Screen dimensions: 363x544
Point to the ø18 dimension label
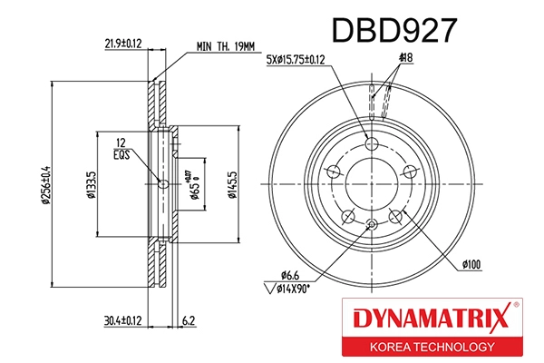[404, 61]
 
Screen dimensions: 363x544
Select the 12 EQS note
[120, 147]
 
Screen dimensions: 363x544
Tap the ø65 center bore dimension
[194, 185]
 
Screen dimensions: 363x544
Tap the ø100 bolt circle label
[471, 264]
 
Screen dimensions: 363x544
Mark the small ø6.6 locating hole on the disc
[370, 226]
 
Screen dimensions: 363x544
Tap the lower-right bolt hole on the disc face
[395, 216]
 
